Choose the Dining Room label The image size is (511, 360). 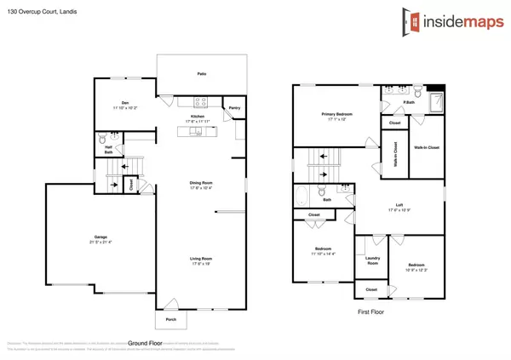pos(201,183)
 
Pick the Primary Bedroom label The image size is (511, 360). pos(338,113)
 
